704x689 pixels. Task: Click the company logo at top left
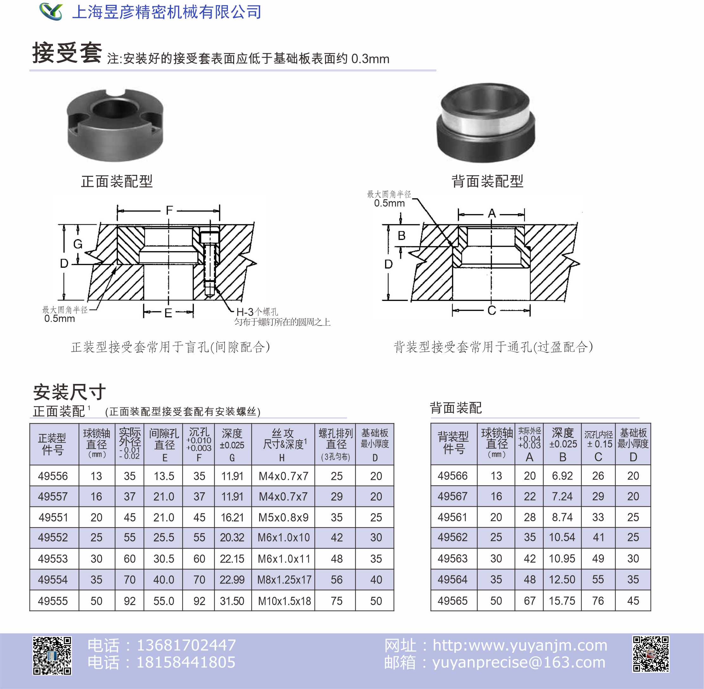(51, 12)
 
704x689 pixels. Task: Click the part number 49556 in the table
(53, 476)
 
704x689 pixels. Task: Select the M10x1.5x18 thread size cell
(284, 601)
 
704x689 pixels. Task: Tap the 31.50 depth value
(232, 601)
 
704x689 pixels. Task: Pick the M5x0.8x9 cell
(284, 518)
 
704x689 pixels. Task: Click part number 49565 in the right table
(452, 601)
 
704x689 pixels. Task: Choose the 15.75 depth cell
(562, 601)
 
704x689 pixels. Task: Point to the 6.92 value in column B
(562, 475)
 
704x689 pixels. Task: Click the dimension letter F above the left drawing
(169, 210)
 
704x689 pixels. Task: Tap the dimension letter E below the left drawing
(168, 313)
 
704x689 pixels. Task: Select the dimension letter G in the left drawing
(78, 244)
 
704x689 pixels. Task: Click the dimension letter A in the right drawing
(491, 214)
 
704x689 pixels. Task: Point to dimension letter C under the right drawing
(491, 310)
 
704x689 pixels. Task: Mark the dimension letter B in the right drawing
(401, 236)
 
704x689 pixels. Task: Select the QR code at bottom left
(52, 655)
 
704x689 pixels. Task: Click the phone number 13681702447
(186, 645)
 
